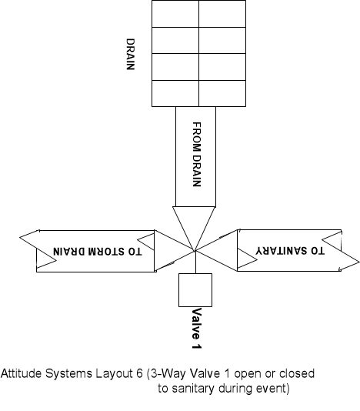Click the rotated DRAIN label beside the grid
point(131,54)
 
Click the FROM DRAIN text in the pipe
point(197,154)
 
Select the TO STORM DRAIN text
point(98,252)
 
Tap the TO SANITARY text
point(290,251)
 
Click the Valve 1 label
point(197,329)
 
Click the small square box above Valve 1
point(195,290)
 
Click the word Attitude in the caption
point(22,373)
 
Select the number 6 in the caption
point(140,373)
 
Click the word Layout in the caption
point(115,374)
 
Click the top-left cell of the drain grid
point(175,14)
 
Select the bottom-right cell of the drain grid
point(222,93)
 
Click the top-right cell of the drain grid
point(222,14)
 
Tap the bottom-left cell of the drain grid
point(175,93)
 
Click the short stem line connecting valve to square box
point(195,262)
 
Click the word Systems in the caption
point(68,374)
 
